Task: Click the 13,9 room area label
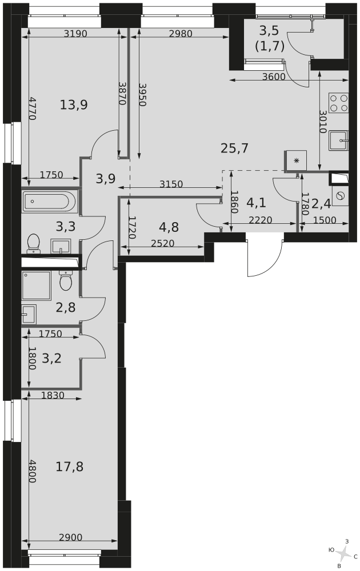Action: click(74, 105)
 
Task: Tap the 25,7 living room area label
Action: click(235, 148)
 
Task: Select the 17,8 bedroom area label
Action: click(70, 466)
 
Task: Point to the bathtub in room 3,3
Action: click(50, 202)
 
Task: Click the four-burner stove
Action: click(338, 103)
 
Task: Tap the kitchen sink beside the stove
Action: click(338, 140)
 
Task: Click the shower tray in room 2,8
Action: click(36, 285)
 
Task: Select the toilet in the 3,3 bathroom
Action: click(34, 243)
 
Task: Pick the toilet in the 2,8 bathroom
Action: click(66, 281)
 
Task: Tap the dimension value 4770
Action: click(32, 108)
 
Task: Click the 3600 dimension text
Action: click(274, 77)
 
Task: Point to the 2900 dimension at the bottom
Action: click(71, 537)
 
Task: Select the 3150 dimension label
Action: click(171, 184)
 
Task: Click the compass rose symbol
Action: click(343, 554)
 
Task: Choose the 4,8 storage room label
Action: click(169, 227)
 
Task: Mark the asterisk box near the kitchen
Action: click(296, 160)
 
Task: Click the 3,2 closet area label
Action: click(52, 359)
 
